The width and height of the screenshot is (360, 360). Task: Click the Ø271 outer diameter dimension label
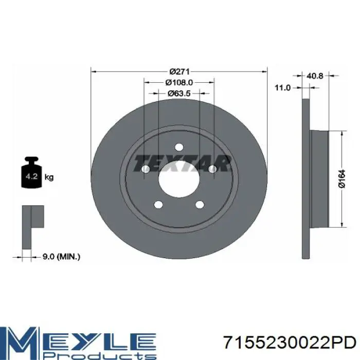179,72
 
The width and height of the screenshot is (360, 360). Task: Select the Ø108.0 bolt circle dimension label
179,82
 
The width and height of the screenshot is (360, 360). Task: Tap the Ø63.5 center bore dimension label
179,94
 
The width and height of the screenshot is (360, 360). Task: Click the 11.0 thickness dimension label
283,88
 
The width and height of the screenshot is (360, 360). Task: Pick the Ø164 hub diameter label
342,179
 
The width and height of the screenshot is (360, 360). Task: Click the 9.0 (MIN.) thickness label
61,257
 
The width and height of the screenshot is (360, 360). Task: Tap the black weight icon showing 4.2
31,172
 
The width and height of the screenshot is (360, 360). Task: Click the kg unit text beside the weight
49,177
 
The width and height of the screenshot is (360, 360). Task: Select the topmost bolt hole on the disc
179,147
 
